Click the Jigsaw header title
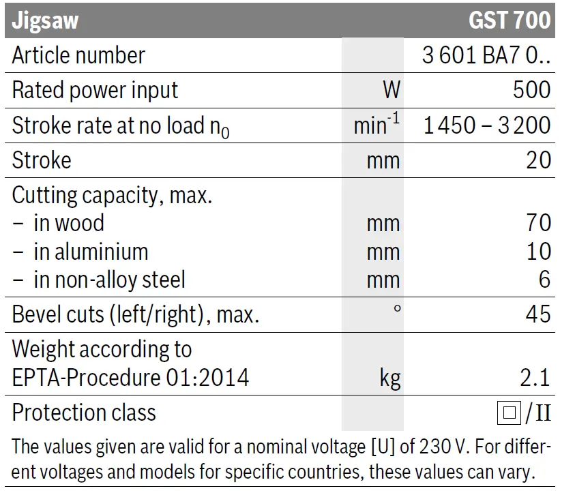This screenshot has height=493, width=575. click(45, 20)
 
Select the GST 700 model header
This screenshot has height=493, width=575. click(509, 20)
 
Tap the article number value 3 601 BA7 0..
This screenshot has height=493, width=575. click(486, 55)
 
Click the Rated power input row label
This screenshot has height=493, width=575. click(95, 90)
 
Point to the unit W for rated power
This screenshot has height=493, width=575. click(391, 90)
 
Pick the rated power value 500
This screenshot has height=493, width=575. click(531, 90)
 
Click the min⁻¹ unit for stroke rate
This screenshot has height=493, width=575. click(377, 125)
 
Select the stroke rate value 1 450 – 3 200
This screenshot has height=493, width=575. click(486, 125)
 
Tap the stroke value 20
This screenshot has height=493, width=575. click(538, 160)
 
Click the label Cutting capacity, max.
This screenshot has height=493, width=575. click(113, 196)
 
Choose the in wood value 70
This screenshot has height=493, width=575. click(538, 223)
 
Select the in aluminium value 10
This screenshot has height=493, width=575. click(538, 252)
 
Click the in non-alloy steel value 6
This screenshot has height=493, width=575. click(544, 280)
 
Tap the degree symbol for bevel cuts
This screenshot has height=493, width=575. click(397, 309)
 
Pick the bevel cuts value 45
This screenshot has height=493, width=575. click(538, 314)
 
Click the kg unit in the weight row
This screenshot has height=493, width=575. click(390, 378)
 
